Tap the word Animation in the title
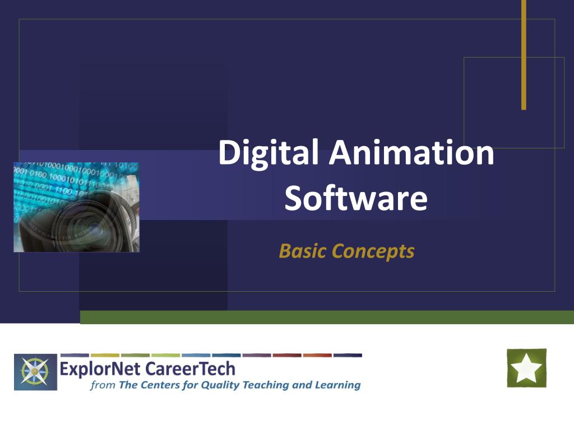pyautogui.click(x=411, y=152)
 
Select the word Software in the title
pyautogui.click(x=356, y=198)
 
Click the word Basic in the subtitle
pyautogui.click(x=302, y=251)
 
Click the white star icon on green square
pyautogui.click(x=526, y=368)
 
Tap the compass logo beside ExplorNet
pyautogui.click(x=35, y=372)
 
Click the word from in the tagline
pyautogui.click(x=103, y=385)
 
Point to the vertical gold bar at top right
pyautogui.click(x=524, y=55)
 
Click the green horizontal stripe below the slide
pyautogui.click(x=327, y=317)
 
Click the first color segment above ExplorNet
pyautogui.click(x=75, y=355)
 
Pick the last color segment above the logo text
pyautogui.click(x=348, y=355)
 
